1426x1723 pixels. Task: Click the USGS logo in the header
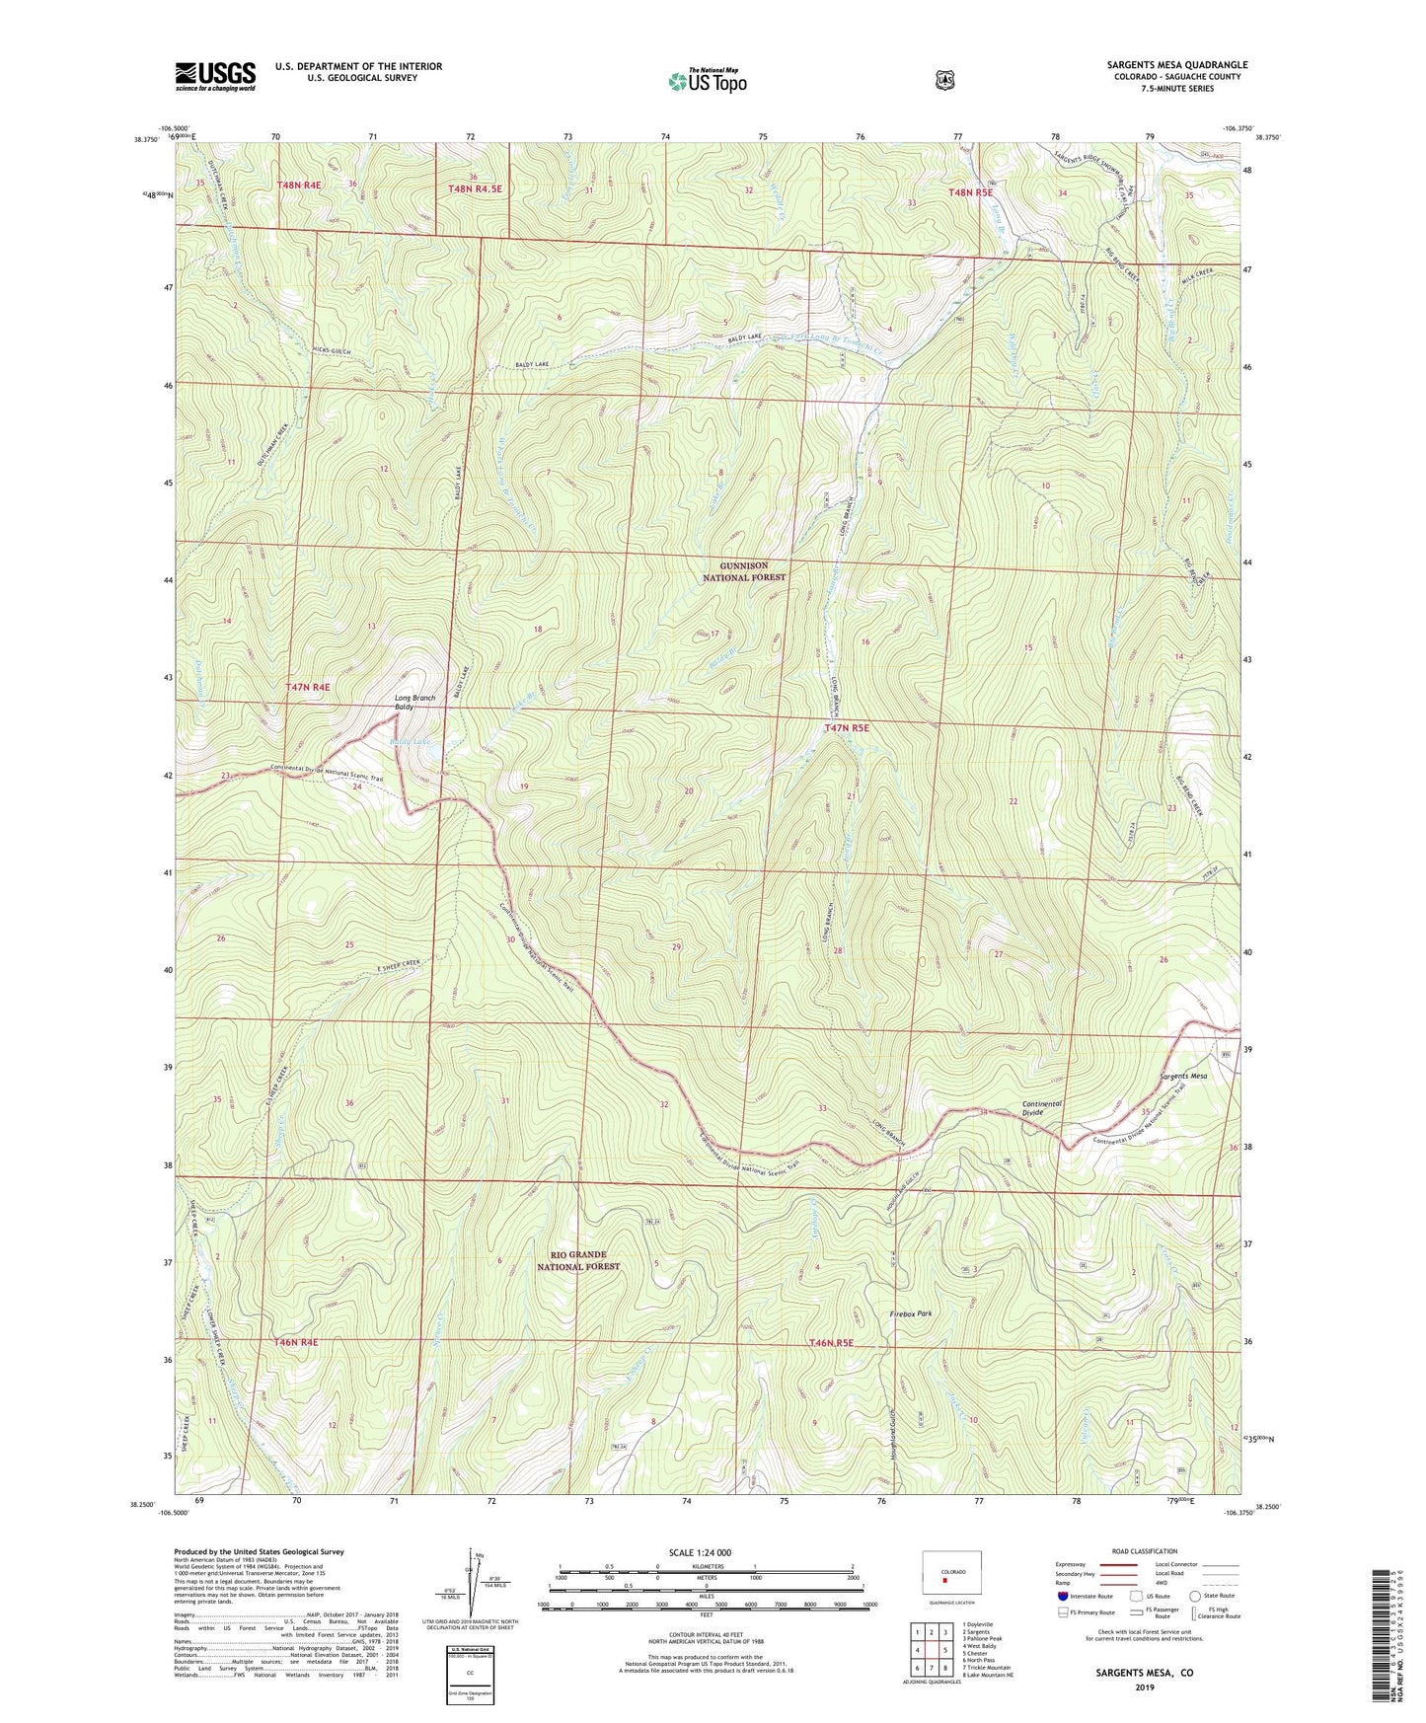pos(215,76)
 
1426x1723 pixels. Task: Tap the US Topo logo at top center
pos(707,81)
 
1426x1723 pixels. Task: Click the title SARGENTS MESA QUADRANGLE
pos(1176,65)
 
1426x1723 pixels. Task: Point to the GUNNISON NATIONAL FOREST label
pos(744,571)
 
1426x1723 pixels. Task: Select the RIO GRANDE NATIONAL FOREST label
pos(578,1260)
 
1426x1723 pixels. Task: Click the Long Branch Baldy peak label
pos(414,702)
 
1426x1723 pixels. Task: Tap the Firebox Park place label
pos(910,1313)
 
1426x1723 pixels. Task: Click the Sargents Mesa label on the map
pos(1183,1076)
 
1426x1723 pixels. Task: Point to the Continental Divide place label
pos(1042,1108)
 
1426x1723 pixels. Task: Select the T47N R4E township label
pos(307,686)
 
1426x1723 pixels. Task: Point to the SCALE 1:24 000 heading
pos(700,1552)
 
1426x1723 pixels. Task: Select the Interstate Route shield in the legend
pos(1062,1596)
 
